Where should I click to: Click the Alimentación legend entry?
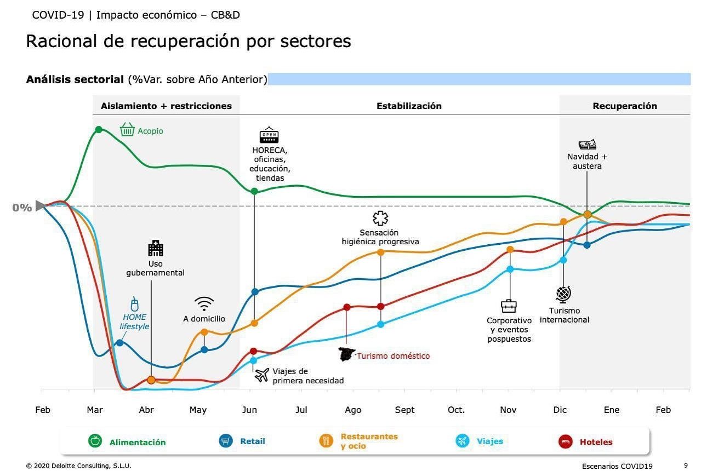tap(137, 442)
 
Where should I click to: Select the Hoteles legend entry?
tap(596, 442)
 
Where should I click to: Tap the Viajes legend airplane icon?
tap(463, 441)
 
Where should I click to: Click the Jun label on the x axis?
tap(249, 410)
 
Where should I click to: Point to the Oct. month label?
tap(456, 410)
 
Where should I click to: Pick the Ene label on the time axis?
tap(612, 410)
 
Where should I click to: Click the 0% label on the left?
tap(22, 208)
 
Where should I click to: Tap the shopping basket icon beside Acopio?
tap(127, 130)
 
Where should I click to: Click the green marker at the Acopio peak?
tap(99, 129)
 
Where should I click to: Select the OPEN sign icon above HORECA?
tap(269, 136)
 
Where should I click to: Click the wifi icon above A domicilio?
tap(204, 304)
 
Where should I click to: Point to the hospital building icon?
tap(156, 249)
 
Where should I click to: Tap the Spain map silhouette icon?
tap(347, 354)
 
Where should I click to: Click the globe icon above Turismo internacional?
tap(563, 294)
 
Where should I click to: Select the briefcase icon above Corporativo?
tap(509, 306)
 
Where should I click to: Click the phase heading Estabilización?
tap(409, 106)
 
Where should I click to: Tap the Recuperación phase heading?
tap(625, 106)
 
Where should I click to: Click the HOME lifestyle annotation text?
tap(134, 321)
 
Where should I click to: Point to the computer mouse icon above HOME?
tap(135, 304)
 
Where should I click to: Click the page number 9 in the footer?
tap(686, 465)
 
